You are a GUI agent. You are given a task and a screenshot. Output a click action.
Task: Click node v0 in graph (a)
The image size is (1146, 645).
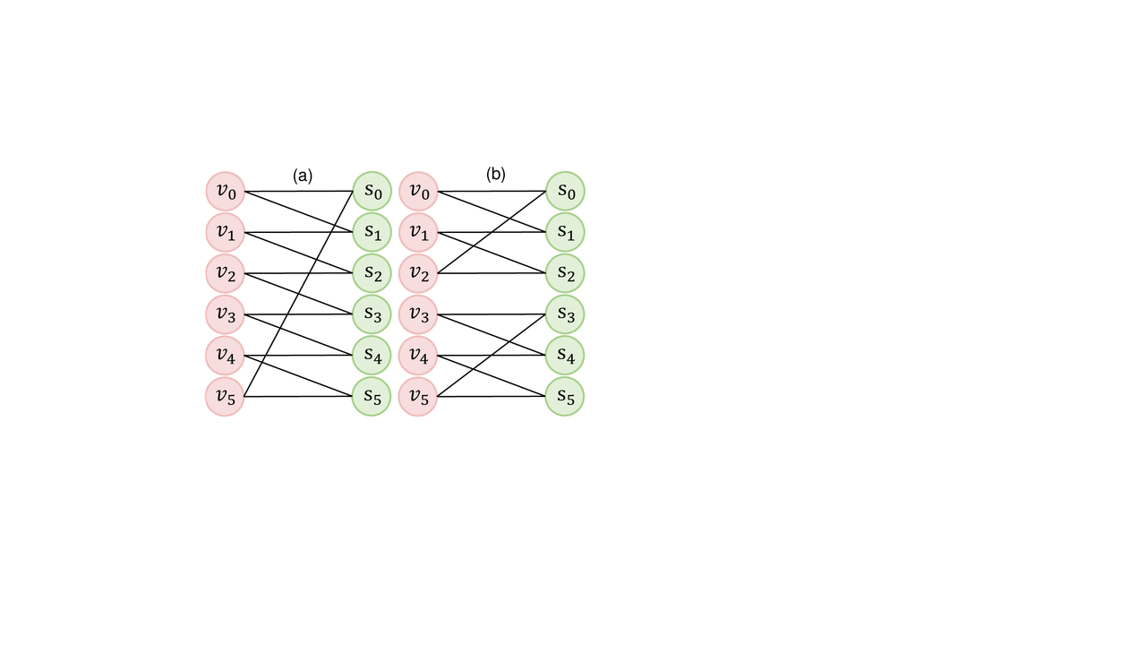(x=225, y=191)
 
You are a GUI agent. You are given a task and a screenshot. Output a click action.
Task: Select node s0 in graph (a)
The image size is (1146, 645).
(x=372, y=191)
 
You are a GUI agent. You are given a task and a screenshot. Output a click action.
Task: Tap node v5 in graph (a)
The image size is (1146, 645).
(x=225, y=397)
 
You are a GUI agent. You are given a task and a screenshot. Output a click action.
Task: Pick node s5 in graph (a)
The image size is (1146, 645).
(x=372, y=397)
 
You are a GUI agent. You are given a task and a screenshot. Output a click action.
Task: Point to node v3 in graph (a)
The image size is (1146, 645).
(x=225, y=314)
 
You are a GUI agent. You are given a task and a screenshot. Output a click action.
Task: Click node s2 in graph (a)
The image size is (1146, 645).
(x=372, y=273)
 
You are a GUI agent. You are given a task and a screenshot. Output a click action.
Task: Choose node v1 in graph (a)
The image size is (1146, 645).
(x=225, y=232)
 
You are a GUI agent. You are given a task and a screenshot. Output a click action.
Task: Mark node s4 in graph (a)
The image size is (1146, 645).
(x=372, y=356)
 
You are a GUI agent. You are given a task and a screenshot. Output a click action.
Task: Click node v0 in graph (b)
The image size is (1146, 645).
(x=418, y=191)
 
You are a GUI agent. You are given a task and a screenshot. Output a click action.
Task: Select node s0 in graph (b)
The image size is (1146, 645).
(x=565, y=191)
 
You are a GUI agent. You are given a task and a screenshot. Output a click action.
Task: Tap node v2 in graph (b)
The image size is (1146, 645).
(x=418, y=273)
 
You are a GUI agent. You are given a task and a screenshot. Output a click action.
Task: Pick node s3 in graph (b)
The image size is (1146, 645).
(x=565, y=314)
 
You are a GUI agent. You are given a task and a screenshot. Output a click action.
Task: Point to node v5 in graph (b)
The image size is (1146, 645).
(x=418, y=397)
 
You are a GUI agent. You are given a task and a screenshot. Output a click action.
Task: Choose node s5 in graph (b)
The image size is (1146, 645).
(x=565, y=397)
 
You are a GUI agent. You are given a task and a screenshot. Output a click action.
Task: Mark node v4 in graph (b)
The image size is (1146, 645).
(x=418, y=356)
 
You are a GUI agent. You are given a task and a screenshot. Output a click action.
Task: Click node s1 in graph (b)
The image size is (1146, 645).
(x=565, y=232)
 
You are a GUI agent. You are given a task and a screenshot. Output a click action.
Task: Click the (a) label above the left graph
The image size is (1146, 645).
(x=303, y=176)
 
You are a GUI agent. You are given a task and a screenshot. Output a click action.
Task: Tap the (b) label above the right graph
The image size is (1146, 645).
(x=496, y=175)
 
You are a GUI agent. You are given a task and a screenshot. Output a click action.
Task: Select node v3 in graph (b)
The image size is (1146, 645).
(x=418, y=314)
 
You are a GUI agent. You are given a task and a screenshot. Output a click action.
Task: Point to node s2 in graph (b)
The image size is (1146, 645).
(x=565, y=273)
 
